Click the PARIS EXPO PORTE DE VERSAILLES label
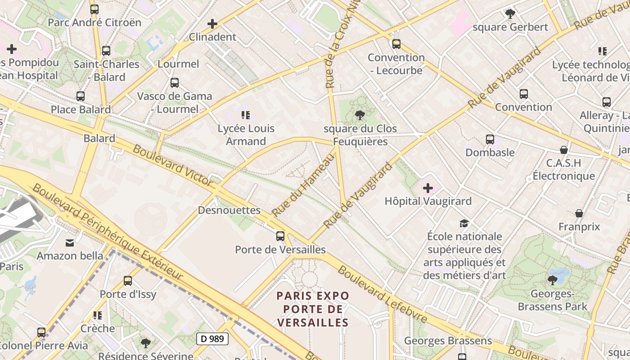coord(313,309)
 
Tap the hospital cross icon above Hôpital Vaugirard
coord(428,188)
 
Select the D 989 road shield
coord(212,339)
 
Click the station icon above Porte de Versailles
coord(280,236)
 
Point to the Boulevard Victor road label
coord(173,166)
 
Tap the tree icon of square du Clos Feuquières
coord(360,116)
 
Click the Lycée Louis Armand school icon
coord(245,115)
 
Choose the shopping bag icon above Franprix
coord(579,213)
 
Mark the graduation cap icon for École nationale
coord(464,223)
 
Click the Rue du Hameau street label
coord(304,185)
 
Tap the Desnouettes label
coord(229,210)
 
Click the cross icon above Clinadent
coord(212,24)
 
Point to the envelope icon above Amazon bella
coord(70,243)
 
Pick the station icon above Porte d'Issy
coord(128,281)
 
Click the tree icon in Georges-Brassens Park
coord(553,280)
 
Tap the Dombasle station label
coord(490,153)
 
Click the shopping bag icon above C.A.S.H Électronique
coord(564,150)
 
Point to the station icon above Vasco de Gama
coord(175,83)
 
